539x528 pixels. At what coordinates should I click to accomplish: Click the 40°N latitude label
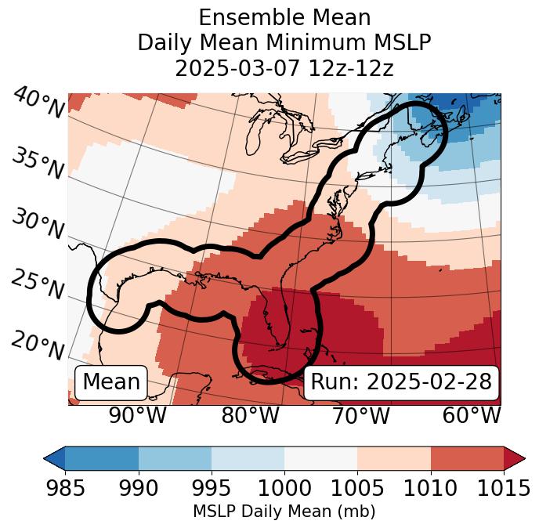[x=38, y=103]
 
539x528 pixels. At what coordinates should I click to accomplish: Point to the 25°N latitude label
[x=38, y=285]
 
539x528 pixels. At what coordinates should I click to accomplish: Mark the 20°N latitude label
[x=38, y=345]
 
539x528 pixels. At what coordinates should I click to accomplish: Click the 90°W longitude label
[x=137, y=416]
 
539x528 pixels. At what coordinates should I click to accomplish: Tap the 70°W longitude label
[x=360, y=416]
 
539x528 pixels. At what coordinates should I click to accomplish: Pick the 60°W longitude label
[x=472, y=416]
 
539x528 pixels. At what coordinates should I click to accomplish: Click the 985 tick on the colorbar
[x=65, y=488]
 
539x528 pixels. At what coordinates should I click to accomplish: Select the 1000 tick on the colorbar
[x=284, y=488]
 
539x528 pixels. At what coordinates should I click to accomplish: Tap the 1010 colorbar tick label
[x=430, y=488]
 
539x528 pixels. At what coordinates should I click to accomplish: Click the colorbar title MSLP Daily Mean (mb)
[x=284, y=512]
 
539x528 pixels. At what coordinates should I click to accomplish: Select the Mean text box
[x=111, y=382]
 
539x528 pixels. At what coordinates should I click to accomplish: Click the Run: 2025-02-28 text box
[x=401, y=382]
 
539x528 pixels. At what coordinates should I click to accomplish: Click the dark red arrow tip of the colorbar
[x=515, y=457]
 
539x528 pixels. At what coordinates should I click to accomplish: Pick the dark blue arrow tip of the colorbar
[x=54, y=457]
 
